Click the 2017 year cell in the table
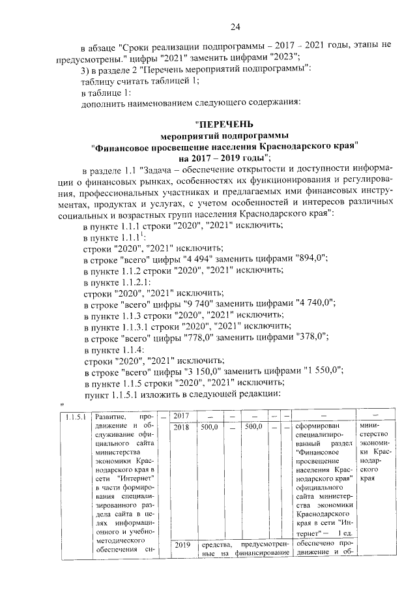click(x=181, y=416)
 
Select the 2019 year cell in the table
click(x=181, y=545)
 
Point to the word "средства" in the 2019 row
click(x=216, y=545)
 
